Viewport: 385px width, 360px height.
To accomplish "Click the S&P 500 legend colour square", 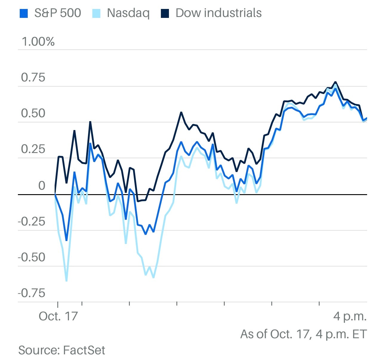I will [x=24, y=13].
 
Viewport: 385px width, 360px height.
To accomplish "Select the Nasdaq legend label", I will [x=128, y=13].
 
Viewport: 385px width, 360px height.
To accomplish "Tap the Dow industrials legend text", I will [x=218, y=13].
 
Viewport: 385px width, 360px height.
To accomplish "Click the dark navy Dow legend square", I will [x=165, y=13].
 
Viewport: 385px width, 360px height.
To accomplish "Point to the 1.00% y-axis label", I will [x=38, y=42].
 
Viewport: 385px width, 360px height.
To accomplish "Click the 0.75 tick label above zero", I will [x=33, y=78].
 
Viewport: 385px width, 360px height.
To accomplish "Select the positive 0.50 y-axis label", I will [x=33, y=113].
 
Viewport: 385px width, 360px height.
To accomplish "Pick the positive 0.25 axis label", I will [x=33, y=149].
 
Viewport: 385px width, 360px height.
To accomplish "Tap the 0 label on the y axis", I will [x=41, y=186].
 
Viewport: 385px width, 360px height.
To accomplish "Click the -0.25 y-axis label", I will [x=32, y=222].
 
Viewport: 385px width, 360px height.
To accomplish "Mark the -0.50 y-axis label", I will [x=32, y=257].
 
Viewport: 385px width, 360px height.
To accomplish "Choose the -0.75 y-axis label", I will [x=32, y=293].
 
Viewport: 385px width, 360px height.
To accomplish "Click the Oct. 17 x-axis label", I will [x=58, y=316].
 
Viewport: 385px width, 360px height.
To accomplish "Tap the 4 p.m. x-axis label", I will [x=350, y=316].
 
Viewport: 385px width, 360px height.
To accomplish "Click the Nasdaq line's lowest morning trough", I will [x=66, y=281].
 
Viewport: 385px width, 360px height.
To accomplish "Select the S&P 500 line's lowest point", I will [x=66, y=240].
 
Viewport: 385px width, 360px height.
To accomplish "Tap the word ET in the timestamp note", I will [x=359, y=334].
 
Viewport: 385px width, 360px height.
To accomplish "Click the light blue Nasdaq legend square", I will [x=96, y=13].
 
